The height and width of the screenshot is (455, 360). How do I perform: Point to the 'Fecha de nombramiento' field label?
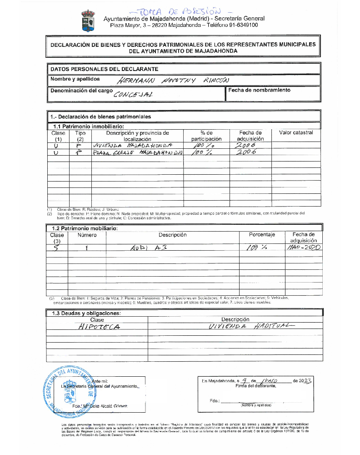pos(259,90)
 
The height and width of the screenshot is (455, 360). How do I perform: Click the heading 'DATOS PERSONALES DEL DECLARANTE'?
pos(104,69)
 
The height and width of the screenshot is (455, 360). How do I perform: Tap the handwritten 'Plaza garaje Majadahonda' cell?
pos(137,153)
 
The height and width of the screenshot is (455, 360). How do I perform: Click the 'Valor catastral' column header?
pos(296,132)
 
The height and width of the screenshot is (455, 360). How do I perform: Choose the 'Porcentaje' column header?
pos(262,235)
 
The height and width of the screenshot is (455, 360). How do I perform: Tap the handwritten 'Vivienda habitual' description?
pos(248,327)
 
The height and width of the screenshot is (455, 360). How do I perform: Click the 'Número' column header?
pos(87,235)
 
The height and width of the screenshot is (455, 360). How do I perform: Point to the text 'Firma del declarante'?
pos(255,386)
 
